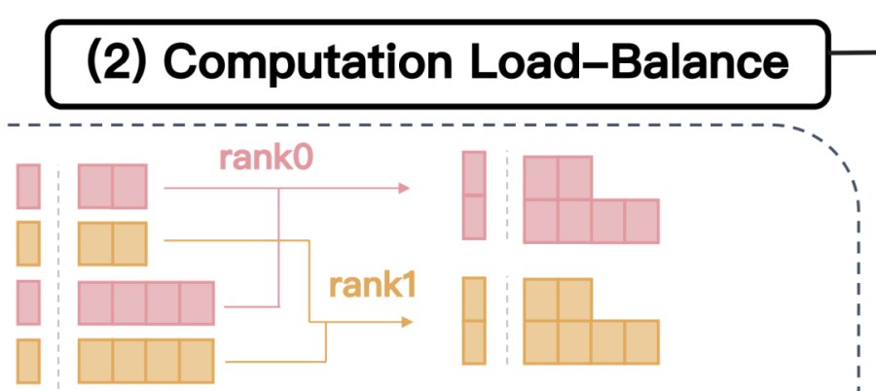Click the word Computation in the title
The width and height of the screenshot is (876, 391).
[x=308, y=62]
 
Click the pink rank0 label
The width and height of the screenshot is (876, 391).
[x=266, y=159]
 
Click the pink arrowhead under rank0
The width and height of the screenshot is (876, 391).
[x=404, y=189]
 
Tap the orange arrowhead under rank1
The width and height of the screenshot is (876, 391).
[x=407, y=322]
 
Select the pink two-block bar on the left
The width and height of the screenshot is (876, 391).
[x=113, y=186]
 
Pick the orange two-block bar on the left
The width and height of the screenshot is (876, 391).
[x=113, y=243]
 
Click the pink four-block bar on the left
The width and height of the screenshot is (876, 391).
[x=146, y=302]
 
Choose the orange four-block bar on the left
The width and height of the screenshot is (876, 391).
[x=146, y=361]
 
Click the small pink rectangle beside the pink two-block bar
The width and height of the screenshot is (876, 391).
[x=28, y=186]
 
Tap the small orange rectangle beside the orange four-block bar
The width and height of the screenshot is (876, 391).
[x=28, y=361]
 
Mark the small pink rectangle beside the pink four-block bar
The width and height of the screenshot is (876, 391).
[x=28, y=302]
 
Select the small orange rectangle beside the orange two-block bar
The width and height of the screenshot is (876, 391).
[x=28, y=243]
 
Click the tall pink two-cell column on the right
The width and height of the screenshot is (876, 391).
[x=474, y=195]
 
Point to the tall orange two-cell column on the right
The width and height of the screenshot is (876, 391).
[x=474, y=321]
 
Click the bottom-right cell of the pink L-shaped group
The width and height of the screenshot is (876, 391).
[x=642, y=221]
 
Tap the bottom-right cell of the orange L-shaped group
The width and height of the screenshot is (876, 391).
[x=642, y=342]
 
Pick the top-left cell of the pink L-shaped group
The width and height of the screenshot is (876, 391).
[x=541, y=178]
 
